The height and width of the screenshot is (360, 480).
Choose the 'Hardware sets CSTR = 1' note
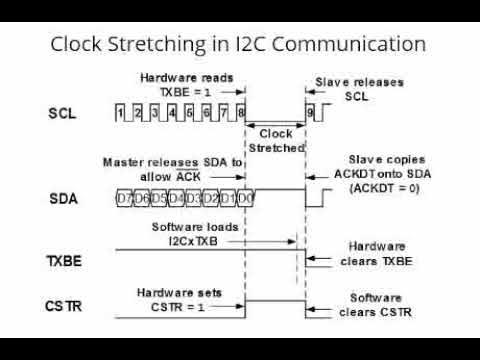180,297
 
